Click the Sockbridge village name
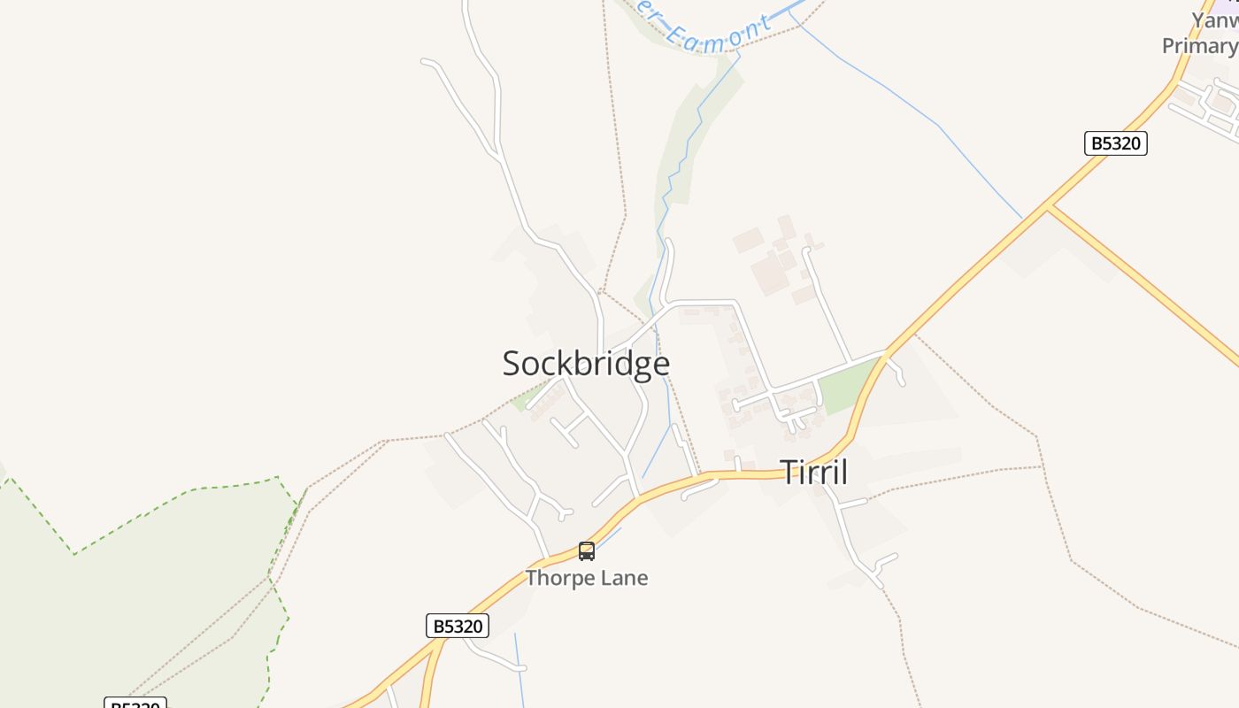pos(586,364)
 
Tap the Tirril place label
pos(813,472)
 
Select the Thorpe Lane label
pos(587,578)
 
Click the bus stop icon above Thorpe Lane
pos(586,551)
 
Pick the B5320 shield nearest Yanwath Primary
pos(1115,143)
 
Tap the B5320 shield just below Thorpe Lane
pos(458,626)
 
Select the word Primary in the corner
pos(1199,45)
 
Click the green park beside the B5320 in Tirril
pos(845,385)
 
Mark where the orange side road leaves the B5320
pos(1048,209)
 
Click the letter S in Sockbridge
pos(512,364)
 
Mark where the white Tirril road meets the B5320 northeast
pos(886,352)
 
